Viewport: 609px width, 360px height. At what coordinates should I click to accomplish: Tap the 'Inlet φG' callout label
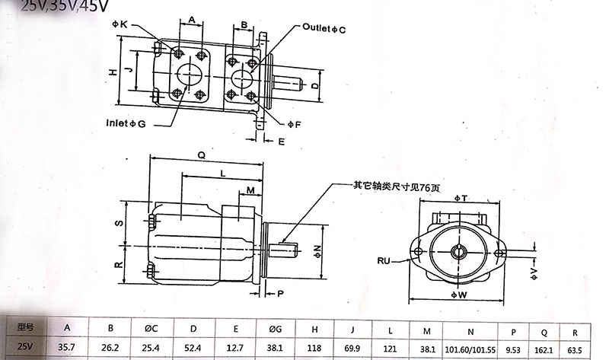(126, 122)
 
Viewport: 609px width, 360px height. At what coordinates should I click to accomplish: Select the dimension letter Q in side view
(202, 152)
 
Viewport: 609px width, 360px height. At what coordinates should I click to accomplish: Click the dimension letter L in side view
(222, 174)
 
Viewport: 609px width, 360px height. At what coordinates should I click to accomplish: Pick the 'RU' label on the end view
(384, 260)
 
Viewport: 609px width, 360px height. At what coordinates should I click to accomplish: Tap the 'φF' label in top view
(294, 123)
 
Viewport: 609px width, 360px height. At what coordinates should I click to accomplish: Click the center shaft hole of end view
(459, 250)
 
